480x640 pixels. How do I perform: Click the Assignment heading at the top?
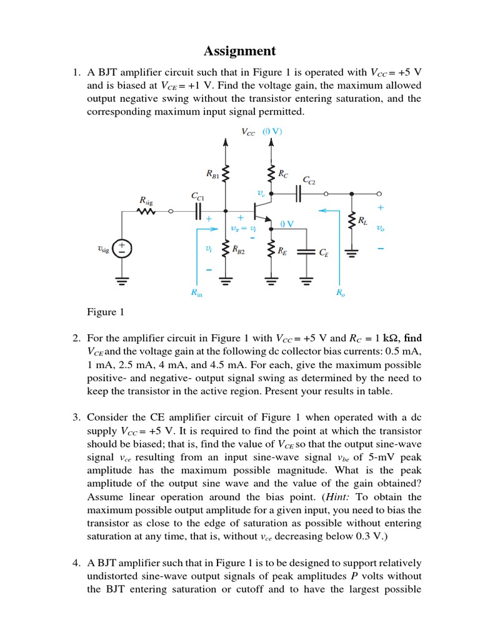(x=240, y=51)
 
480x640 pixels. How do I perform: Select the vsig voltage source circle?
(x=123, y=249)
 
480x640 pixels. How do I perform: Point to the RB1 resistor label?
(x=212, y=172)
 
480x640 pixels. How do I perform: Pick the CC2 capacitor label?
(x=309, y=180)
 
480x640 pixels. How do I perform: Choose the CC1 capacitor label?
(x=197, y=196)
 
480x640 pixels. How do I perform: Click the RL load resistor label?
(x=362, y=220)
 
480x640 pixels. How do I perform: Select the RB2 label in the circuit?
(x=238, y=250)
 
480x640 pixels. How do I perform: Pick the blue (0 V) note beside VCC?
(x=272, y=131)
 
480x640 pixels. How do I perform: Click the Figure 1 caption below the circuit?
(x=101, y=312)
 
